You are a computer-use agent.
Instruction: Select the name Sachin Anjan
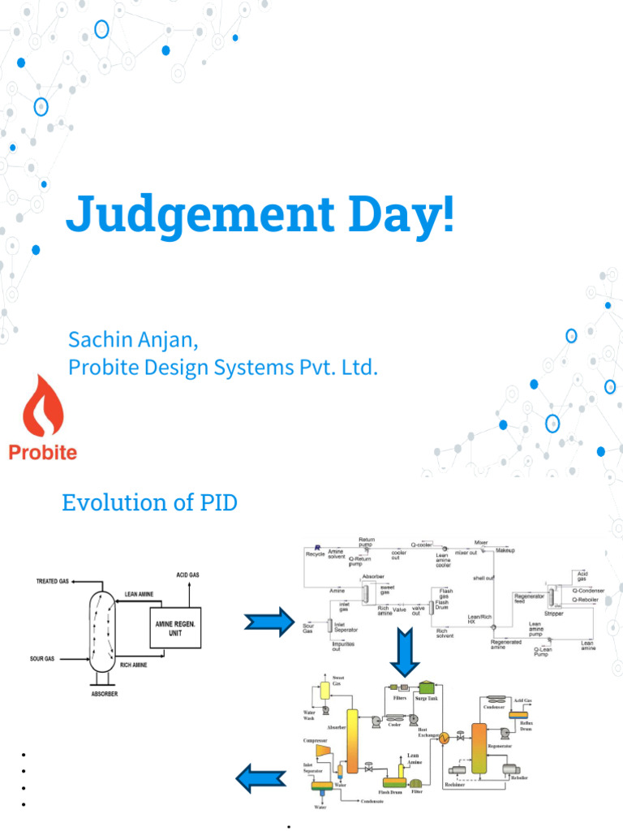pos(133,339)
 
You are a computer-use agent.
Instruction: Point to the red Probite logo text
pos(43,452)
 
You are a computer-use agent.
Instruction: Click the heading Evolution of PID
pos(149,502)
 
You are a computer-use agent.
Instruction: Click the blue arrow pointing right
pos(268,622)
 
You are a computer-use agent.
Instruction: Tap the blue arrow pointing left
pos(260,781)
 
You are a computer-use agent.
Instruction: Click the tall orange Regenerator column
pos(479,747)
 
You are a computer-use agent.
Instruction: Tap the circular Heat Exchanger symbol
pos(444,737)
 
